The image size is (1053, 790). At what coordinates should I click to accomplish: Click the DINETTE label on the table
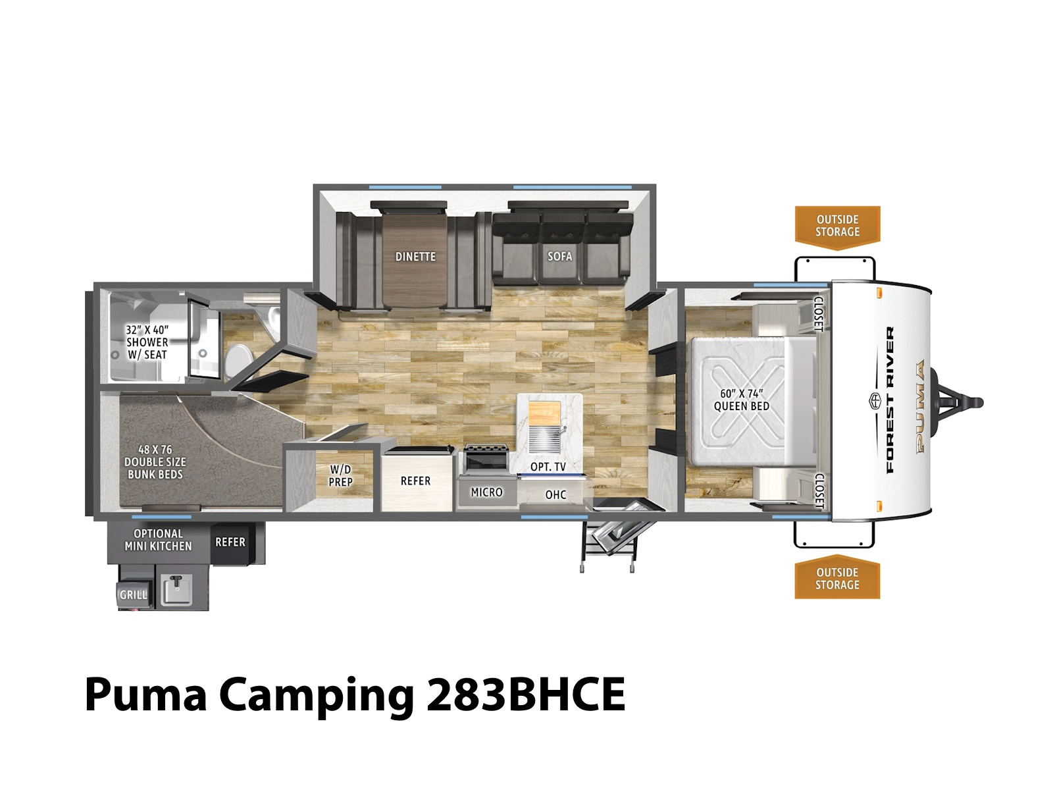tap(415, 257)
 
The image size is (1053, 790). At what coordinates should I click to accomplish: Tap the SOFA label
tap(559, 256)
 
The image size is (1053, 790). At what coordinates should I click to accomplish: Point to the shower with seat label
tap(147, 342)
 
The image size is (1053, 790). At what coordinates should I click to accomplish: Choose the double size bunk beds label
tap(155, 462)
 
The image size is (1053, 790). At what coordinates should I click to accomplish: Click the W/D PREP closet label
tap(341, 475)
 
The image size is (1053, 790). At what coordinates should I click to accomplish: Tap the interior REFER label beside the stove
tap(415, 481)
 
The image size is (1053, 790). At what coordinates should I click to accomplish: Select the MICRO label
tap(486, 492)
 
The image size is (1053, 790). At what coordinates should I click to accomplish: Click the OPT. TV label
tap(548, 466)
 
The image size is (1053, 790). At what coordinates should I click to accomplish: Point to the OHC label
tap(555, 494)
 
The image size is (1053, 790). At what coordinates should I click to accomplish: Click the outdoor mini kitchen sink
tap(176, 589)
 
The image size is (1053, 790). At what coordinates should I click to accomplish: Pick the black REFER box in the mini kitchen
tap(230, 542)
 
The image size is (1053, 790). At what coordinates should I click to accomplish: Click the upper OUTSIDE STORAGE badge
tap(837, 227)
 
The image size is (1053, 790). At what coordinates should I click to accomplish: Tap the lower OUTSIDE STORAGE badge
tap(837, 577)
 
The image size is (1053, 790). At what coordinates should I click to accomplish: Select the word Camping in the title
tap(316, 696)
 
